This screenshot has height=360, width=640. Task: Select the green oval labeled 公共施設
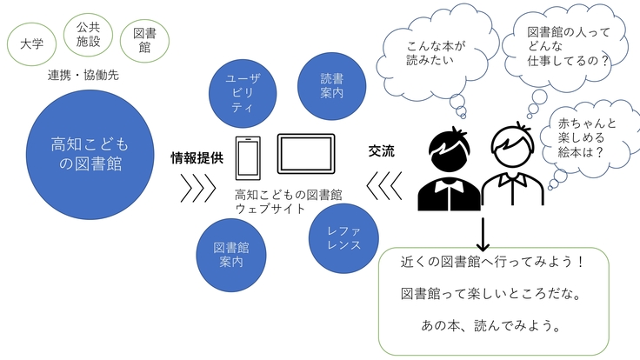pos(88,33)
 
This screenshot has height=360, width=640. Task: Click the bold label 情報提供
pos(197,158)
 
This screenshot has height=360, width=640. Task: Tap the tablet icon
pos(305,156)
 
